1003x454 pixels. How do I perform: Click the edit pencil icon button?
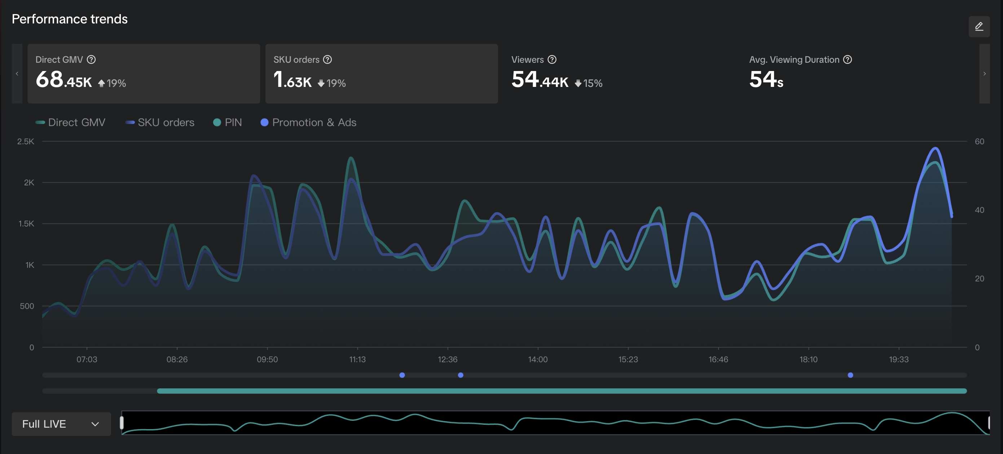point(979,26)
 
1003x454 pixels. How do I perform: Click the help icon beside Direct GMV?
point(91,59)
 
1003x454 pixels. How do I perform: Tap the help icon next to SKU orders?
point(327,59)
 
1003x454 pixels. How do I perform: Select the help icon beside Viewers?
point(552,59)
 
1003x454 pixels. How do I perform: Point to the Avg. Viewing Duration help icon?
point(847,59)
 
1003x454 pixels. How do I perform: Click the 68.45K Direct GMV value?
point(64,79)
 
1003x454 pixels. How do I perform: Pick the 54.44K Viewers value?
point(540,79)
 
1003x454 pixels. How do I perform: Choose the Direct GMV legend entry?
point(70,123)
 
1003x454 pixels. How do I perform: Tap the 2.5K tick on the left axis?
point(26,142)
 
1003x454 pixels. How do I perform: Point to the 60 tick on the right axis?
point(979,142)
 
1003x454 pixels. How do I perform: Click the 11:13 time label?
point(357,360)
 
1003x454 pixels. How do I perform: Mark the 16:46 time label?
point(718,360)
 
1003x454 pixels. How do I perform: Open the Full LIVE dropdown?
point(61,424)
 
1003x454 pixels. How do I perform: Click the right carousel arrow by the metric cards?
point(984,74)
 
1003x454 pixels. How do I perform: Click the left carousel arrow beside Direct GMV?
point(17,74)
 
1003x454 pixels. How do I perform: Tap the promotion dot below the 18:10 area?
point(850,375)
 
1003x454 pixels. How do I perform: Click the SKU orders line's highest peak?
point(935,148)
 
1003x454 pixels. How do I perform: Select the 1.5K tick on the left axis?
point(26,224)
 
